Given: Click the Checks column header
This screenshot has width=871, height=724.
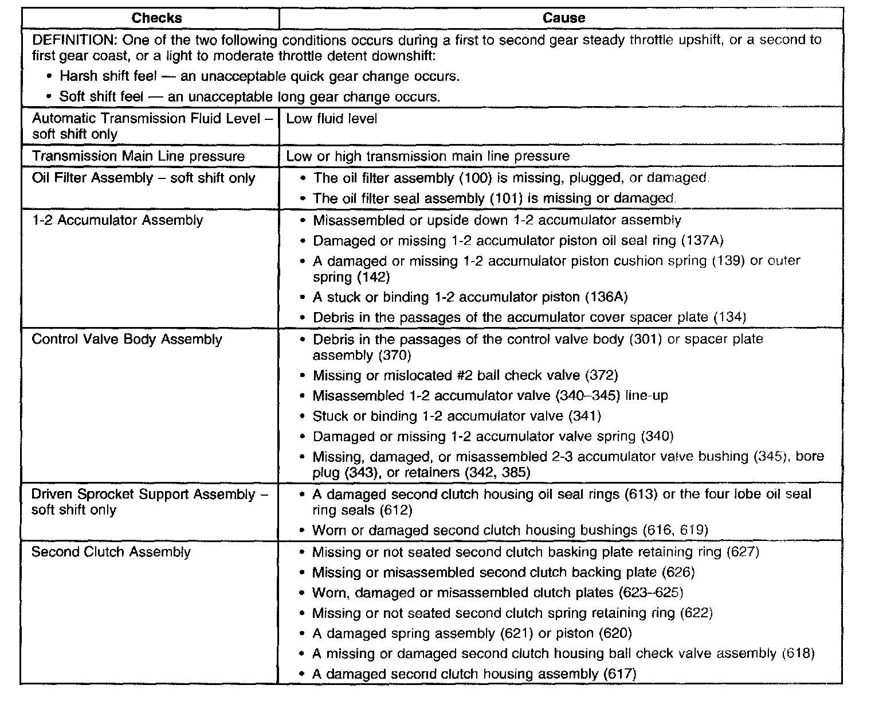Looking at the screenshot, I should (x=156, y=18).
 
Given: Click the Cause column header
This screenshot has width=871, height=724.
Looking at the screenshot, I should (x=563, y=18).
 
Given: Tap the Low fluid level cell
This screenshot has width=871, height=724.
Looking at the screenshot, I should (x=332, y=119).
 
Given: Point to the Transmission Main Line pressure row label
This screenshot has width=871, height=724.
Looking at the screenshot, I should (x=138, y=156).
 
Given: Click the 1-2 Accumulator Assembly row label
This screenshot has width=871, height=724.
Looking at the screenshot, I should (x=117, y=220).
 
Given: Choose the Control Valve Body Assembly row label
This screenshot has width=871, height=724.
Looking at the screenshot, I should (x=127, y=339).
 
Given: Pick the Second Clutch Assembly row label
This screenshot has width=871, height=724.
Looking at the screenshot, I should (x=111, y=552).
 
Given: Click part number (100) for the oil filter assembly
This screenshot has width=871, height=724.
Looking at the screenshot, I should (x=476, y=178).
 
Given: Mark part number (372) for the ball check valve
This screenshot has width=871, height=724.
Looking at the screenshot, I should (x=601, y=376).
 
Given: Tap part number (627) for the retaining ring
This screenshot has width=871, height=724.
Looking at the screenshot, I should (x=743, y=552).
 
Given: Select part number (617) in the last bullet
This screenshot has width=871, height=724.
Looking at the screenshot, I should (x=620, y=674).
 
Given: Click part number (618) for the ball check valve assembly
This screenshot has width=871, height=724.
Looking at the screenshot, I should (x=798, y=653).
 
